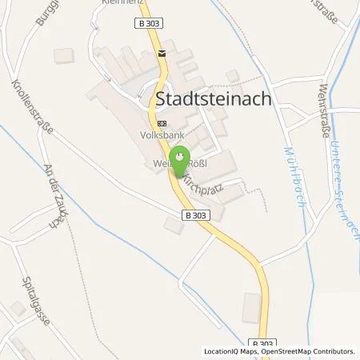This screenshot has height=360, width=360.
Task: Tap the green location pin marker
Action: (x=180, y=158)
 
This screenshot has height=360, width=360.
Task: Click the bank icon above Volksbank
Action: (x=162, y=123)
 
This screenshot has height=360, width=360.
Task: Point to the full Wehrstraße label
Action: (x=325, y=111)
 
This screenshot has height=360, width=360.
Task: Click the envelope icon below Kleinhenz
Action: (x=162, y=54)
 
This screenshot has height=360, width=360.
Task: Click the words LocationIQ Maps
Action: (x=230, y=351)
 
